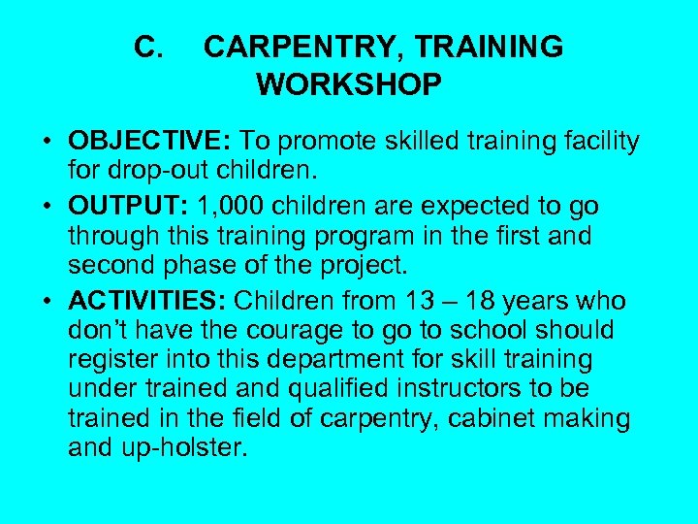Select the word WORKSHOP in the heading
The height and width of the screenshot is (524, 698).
(x=349, y=84)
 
